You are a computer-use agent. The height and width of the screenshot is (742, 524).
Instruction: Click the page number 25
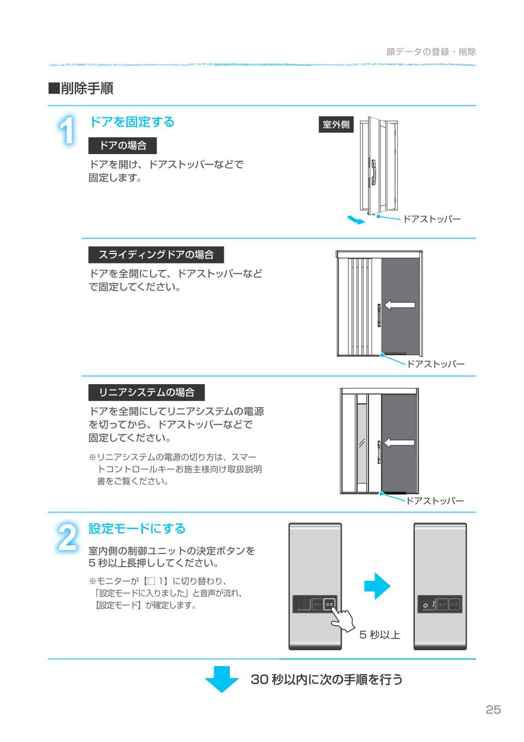click(492, 710)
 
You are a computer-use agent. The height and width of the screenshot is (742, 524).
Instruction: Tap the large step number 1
click(67, 132)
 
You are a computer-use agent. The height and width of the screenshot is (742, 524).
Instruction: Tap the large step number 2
click(67, 538)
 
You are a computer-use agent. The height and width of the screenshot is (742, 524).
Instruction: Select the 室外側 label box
click(336, 125)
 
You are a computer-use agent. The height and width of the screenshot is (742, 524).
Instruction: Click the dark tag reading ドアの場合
click(122, 145)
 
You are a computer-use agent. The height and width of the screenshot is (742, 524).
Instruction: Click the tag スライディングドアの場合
click(156, 255)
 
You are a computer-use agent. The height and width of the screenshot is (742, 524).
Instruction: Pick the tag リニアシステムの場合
click(146, 392)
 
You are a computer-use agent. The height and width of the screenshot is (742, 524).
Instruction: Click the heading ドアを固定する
click(132, 122)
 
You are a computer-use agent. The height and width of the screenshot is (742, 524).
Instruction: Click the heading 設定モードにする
click(137, 528)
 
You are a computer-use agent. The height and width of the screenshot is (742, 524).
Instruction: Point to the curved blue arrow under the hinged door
click(356, 220)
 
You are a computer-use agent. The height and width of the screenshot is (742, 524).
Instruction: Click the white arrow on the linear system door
click(399, 443)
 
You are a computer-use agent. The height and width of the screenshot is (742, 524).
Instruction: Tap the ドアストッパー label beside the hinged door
click(432, 220)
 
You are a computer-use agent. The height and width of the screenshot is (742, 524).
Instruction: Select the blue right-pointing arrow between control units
click(377, 587)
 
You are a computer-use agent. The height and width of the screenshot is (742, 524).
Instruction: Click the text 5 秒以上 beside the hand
click(379, 635)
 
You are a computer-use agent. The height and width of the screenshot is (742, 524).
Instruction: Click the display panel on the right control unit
click(428, 604)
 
